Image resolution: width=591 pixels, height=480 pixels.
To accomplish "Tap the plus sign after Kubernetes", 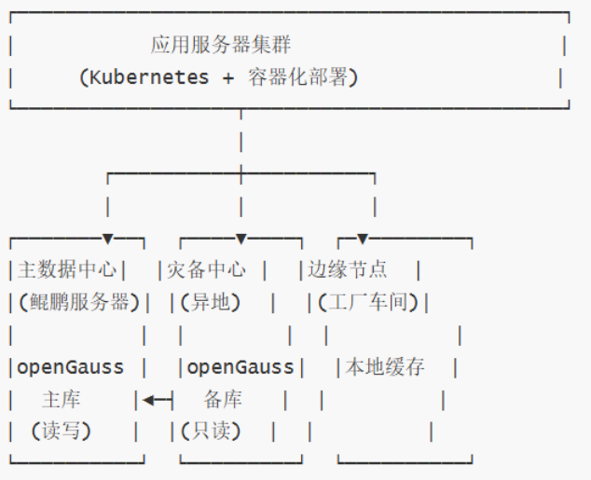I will tap(228, 78).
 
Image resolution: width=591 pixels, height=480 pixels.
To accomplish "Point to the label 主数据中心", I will tap(68, 270).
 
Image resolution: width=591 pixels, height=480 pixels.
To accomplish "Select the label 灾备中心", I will tap(207, 270).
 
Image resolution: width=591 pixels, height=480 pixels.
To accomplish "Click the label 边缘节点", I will tap(348, 270).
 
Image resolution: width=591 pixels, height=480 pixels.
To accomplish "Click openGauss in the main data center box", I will tap(71, 367).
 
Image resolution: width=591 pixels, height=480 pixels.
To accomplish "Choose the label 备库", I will tap(223, 400).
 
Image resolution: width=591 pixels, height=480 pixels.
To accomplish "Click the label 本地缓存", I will tap(386, 367).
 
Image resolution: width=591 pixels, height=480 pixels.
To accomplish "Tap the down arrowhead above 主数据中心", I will tap(108, 240).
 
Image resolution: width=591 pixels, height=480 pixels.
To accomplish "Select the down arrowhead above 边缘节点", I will tap(363, 240).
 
